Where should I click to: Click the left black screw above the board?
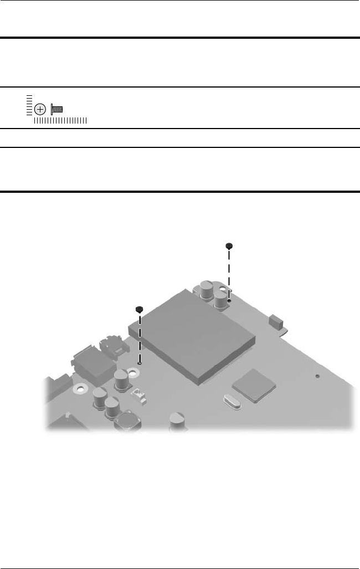[140, 309]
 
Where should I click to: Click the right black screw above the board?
[229, 246]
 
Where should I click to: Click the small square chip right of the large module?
[254, 385]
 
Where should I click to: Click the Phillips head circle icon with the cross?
[39, 109]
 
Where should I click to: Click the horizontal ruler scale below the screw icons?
[60, 120]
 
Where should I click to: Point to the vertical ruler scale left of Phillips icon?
[28, 105]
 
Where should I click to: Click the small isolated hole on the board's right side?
[318, 376]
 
